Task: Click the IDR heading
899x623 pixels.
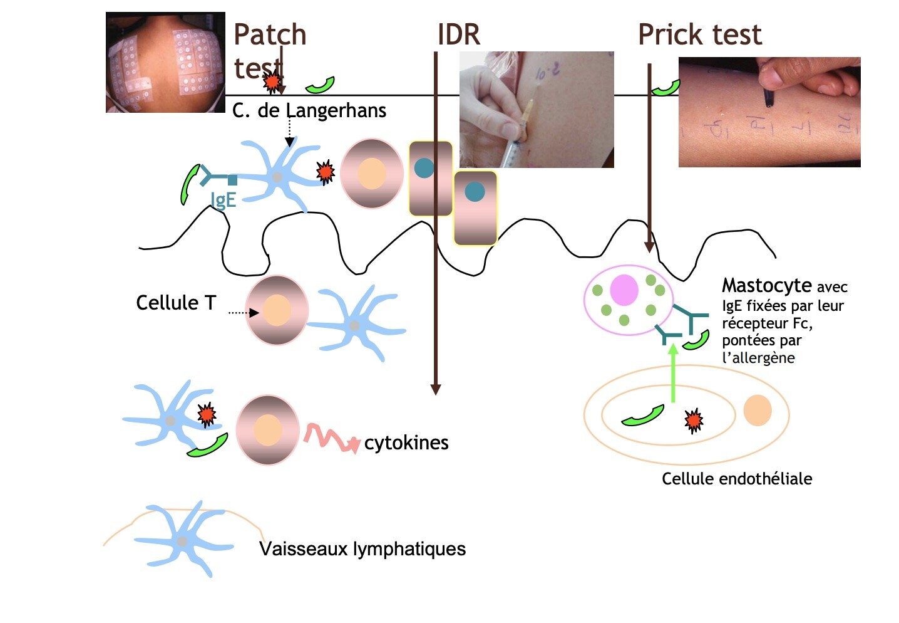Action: [x=458, y=34]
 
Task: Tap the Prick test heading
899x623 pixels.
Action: [x=699, y=34]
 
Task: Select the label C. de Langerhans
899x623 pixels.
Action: [x=309, y=111]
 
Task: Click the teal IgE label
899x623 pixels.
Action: [x=223, y=200]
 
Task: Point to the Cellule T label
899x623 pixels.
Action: [x=175, y=303]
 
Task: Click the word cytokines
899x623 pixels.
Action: [x=406, y=442]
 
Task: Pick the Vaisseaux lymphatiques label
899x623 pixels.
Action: [x=362, y=549]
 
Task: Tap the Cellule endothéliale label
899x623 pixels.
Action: [x=736, y=479]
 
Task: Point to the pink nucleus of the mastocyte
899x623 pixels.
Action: [x=624, y=291]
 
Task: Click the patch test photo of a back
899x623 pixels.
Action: [x=165, y=62]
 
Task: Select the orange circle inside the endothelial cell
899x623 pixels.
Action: [x=758, y=411]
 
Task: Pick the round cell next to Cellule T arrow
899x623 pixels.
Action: [x=277, y=311]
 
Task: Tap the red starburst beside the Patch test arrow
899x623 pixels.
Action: [x=272, y=81]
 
